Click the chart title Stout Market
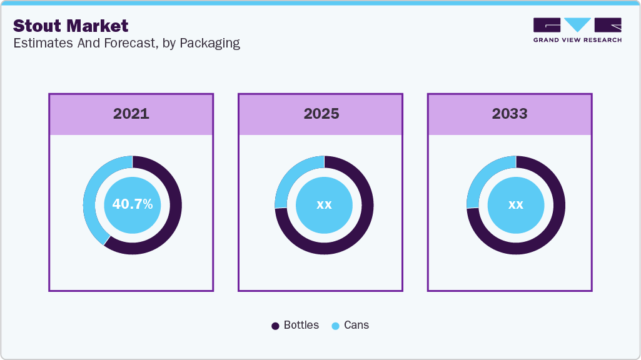click(71, 26)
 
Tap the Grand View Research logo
click(577, 25)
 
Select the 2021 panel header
click(131, 114)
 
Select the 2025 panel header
click(321, 114)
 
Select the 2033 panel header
click(510, 114)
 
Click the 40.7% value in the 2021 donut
click(132, 204)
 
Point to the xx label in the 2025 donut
click(324, 204)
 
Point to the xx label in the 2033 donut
click(515, 204)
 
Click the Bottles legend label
click(301, 325)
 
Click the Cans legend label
click(356, 325)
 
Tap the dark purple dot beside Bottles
click(275, 326)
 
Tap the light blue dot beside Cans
click(336, 326)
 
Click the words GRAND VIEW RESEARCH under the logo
click(577, 40)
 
